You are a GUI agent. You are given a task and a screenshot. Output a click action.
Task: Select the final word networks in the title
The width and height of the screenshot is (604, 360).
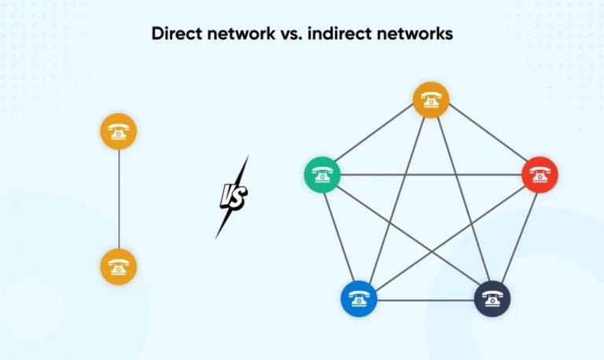[x=421, y=35]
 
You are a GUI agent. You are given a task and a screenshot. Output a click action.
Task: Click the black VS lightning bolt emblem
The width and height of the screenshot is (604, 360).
[x=232, y=197]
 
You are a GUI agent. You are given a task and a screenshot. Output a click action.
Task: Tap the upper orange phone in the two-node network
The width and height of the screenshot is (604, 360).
[x=119, y=131]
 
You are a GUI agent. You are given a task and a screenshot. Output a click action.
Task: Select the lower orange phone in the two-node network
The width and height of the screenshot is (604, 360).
[x=119, y=266]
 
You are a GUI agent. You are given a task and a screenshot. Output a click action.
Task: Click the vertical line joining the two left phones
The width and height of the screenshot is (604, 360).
[x=119, y=198]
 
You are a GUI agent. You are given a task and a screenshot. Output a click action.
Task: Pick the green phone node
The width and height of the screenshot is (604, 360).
[x=322, y=174]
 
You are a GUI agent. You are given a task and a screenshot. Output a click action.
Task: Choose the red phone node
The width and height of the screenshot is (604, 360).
[x=540, y=174]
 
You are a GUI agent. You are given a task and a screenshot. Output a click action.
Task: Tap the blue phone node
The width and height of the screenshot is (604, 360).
[x=359, y=299]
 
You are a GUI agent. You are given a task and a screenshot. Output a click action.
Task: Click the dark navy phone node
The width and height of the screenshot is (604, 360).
[x=492, y=299]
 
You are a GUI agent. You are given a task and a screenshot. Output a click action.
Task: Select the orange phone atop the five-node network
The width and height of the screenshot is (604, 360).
[x=431, y=100]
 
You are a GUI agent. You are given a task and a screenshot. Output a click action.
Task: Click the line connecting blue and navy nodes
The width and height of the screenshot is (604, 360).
[x=425, y=299]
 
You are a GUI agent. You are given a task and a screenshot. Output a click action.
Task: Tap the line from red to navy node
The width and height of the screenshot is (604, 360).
[x=517, y=235]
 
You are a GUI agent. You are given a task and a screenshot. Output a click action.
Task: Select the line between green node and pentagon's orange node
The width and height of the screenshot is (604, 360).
[x=376, y=138]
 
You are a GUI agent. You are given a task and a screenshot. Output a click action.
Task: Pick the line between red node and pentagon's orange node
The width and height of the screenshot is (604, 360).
[x=485, y=138]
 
